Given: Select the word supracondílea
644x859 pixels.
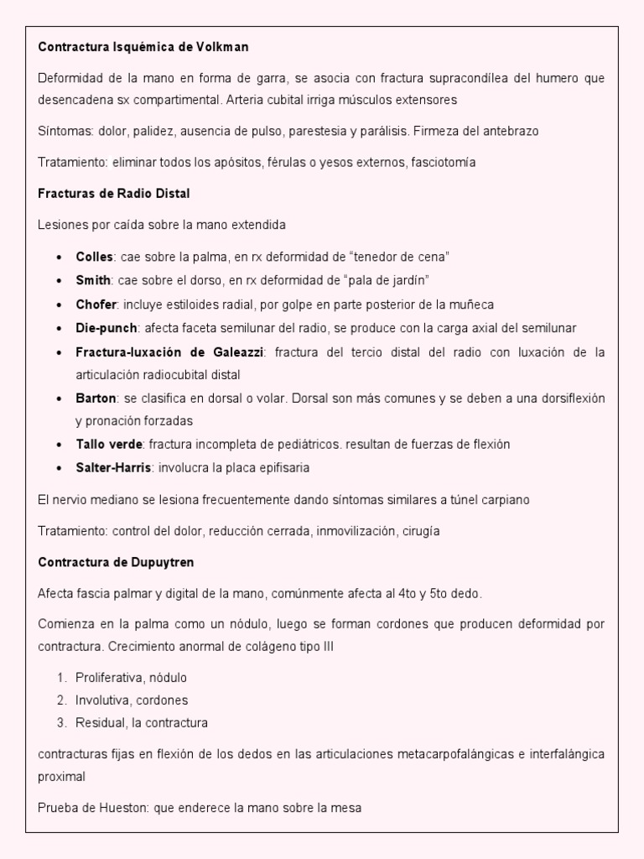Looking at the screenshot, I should point(449,78).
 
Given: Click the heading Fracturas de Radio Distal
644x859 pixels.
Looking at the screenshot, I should point(114,193).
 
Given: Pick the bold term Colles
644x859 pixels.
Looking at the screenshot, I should point(94,256).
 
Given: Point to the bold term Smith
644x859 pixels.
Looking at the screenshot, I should point(93,279).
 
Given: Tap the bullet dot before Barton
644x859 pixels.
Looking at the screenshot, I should point(58,398).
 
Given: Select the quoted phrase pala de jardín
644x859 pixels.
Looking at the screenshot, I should point(392,279).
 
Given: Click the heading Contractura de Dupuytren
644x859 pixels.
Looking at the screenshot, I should point(117,561).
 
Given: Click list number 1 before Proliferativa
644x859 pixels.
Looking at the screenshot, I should point(61,677).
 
